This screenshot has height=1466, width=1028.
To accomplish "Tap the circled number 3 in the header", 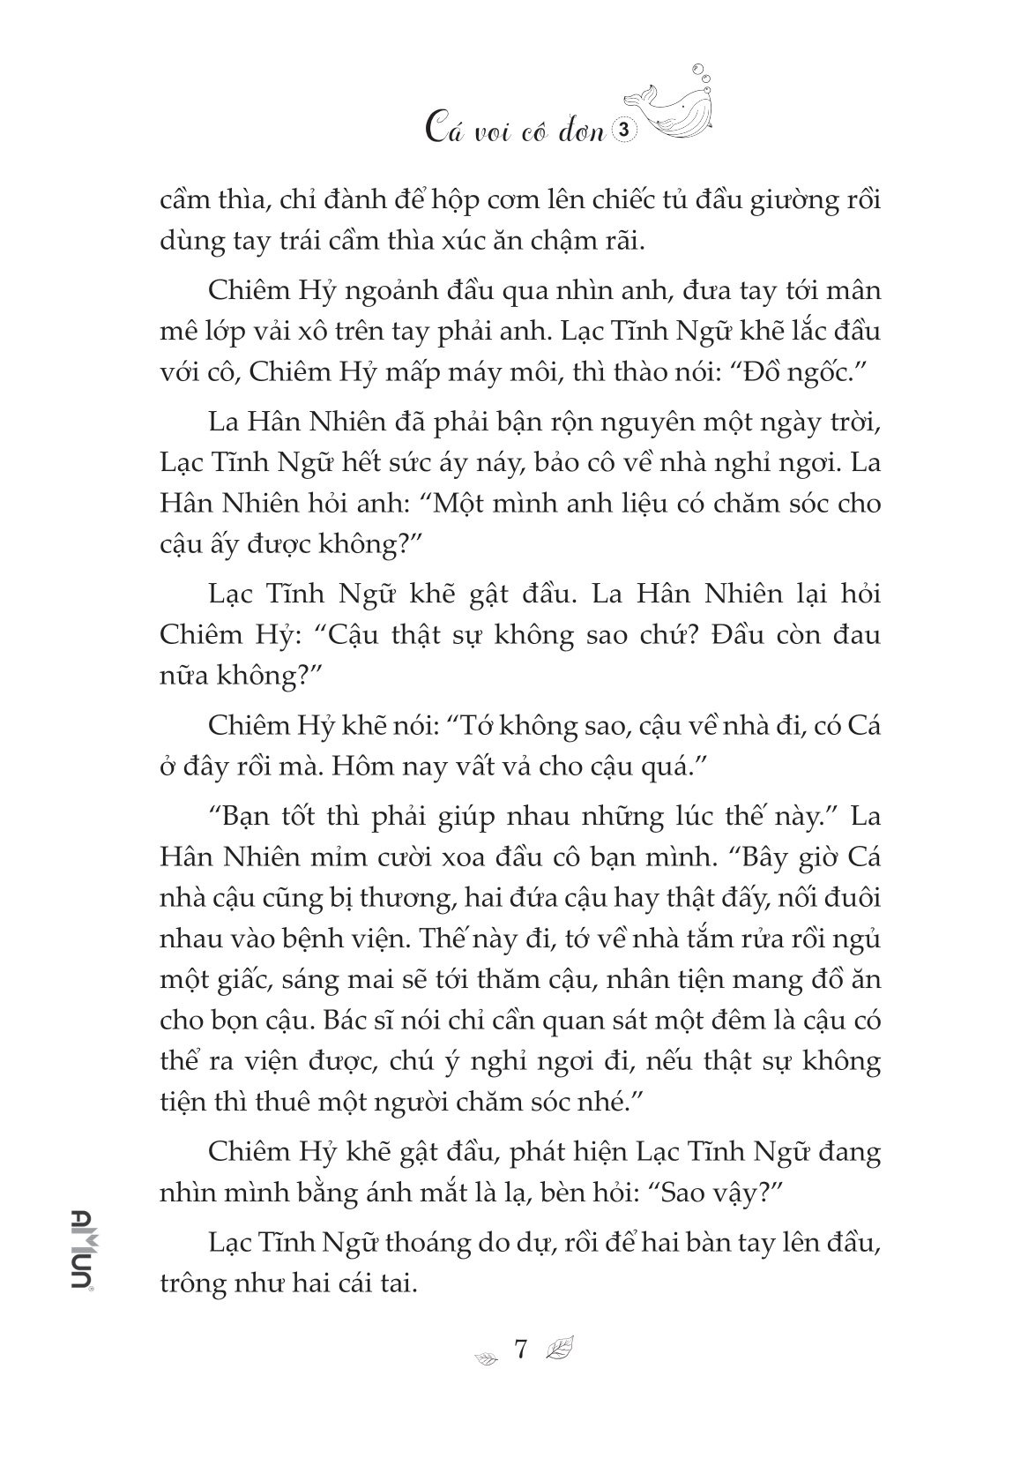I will coord(623,130).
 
